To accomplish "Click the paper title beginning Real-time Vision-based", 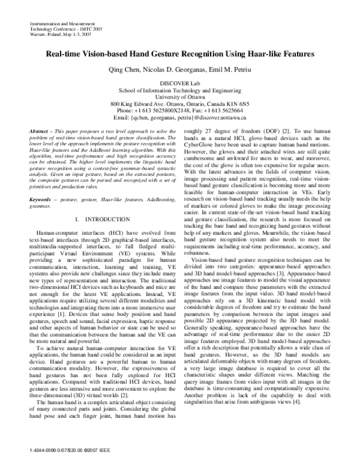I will [x=180, y=54].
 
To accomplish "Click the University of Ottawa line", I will [x=180, y=97].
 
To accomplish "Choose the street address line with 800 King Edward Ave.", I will [x=180, y=103].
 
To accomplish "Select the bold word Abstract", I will [x=40, y=131].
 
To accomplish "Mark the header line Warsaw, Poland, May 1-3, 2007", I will [x=58, y=34].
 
